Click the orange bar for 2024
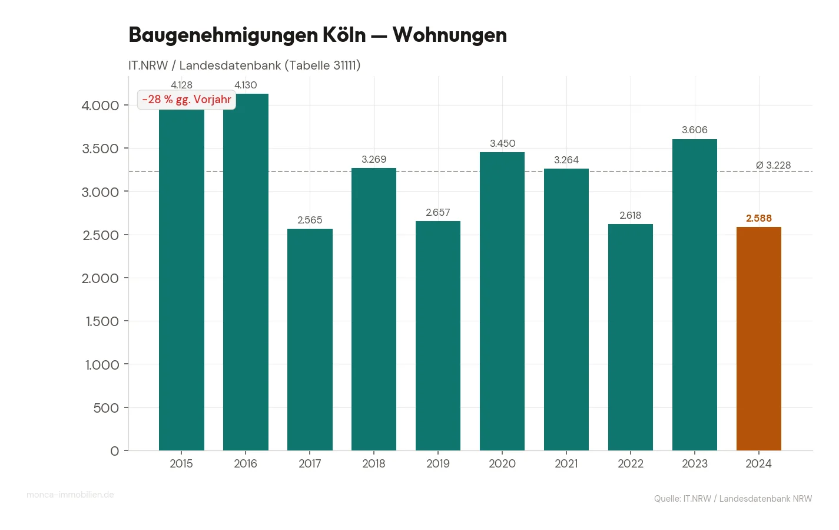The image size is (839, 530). point(758,339)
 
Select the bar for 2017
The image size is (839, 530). point(310,340)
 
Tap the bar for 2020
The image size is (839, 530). point(502,301)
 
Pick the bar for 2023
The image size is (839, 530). point(694,295)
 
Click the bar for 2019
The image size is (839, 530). point(438,336)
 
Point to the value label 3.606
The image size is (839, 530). point(694,130)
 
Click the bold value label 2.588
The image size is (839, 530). point(758,218)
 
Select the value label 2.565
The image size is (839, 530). point(310,220)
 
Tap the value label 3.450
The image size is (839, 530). point(502,143)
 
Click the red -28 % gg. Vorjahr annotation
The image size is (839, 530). point(187,100)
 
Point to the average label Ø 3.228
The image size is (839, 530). point(773,165)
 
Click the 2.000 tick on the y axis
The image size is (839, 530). point(100,278)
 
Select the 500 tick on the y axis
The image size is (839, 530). point(106,408)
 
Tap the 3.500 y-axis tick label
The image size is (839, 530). point(100,149)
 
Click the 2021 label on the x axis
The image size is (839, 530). point(566,463)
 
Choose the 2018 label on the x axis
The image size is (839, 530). point(374,463)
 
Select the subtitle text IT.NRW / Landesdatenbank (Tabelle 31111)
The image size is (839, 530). point(244,65)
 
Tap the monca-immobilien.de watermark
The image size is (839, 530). point(70,495)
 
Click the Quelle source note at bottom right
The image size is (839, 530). point(732,499)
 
